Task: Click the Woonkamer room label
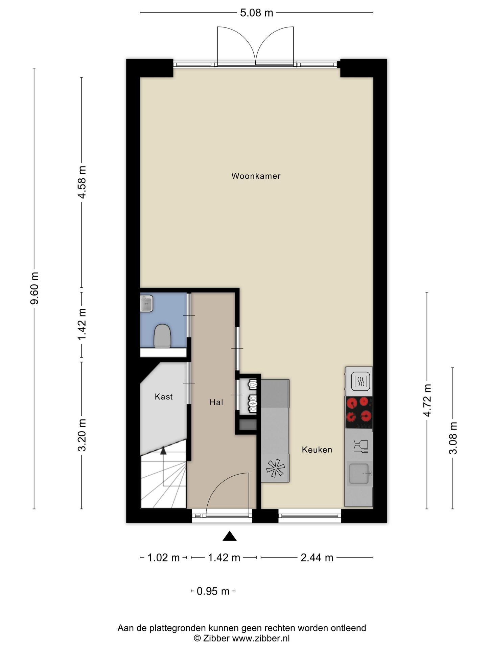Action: (256, 176)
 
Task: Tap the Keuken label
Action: (317, 450)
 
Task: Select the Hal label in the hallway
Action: (216, 402)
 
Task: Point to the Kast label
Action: (164, 396)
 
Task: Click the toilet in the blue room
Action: (163, 336)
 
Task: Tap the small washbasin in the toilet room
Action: (146, 303)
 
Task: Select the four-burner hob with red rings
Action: (359, 413)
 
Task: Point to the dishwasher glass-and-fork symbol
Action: (361, 447)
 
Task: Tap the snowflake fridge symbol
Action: (275, 468)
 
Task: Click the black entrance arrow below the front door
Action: (229, 536)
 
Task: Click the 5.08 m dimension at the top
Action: (256, 13)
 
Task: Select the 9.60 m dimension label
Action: (34, 288)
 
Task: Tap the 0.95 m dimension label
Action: (213, 591)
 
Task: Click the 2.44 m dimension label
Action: (317, 558)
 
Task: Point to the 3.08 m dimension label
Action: (453, 438)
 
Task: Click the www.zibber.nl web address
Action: (261, 638)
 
